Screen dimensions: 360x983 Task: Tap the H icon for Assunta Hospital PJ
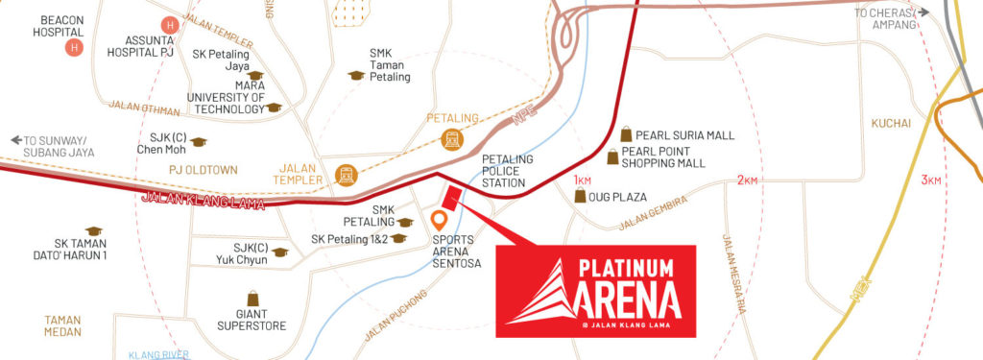click(x=170, y=23)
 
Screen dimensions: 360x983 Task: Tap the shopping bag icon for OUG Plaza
click(x=580, y=195)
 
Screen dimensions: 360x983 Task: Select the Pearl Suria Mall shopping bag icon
click(x=626, y=133)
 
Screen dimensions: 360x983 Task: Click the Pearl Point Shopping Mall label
click(x=663, y=156)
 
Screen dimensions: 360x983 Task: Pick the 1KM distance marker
click(x=583, y=180)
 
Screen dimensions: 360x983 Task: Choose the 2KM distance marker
click(x=748, y=180)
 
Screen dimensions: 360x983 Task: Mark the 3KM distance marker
click(x=932, y=180)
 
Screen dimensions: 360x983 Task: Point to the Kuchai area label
click(x=892, y=123)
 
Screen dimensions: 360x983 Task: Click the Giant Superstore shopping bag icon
click(x=252, y=299)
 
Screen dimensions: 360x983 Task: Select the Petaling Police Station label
click(x=503, y=170)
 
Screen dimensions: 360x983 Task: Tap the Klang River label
click(x=156, y=354)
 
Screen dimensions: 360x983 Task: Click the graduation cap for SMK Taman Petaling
click(x=356, y=75)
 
